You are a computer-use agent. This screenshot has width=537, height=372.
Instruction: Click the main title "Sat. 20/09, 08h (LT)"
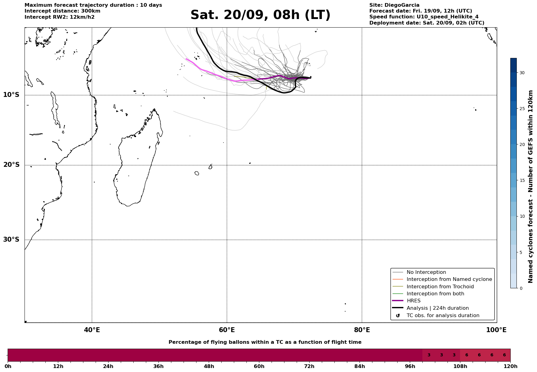click(260, 15)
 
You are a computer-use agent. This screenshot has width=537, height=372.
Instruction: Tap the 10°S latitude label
click(11, 95)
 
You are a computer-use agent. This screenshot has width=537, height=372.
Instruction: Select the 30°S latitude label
click(11, 240)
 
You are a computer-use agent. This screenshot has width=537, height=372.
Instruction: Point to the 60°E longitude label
click(227, 330)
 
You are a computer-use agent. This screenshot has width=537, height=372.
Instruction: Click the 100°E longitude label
click(496, 330)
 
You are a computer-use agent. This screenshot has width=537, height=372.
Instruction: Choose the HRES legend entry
click(413, 301)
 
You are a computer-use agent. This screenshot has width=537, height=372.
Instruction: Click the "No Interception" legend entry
click(426, 272)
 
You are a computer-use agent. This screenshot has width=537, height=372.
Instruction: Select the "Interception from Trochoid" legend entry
click(440, 287)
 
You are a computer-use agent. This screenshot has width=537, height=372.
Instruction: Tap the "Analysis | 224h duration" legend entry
click(437, 308)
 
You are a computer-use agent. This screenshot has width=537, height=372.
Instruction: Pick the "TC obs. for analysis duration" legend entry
click(443, 316)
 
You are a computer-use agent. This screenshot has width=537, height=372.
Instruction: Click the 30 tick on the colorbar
click(522, 73)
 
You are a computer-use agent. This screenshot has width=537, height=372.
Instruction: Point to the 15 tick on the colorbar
click(522, 180)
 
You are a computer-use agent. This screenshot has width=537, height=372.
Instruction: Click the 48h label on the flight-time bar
click(209, 366)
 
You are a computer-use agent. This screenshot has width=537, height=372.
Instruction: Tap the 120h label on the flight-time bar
click(510, 366)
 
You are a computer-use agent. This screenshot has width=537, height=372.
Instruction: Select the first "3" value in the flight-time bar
click(429, 355)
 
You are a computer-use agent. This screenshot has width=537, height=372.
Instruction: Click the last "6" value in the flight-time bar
click(504, 355)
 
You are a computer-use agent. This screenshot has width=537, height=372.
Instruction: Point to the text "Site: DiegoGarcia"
click(394, 5)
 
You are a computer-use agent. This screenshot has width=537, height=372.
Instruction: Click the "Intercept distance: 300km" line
click(63, 11)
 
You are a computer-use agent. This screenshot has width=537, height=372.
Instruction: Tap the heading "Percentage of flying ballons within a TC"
click(265, 342)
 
